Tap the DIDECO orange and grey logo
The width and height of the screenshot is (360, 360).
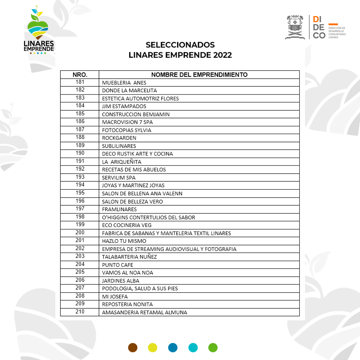click(x=328, y=27)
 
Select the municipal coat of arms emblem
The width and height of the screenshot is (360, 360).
click(x=295, y=27)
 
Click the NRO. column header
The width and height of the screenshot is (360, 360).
click(x=80, y=75)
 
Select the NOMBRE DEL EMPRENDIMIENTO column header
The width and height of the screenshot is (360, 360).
click(x=199, y=75)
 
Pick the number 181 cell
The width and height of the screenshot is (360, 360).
click(x=80, y=82)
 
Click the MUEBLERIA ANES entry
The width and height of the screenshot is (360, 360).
click(x=124, y=83)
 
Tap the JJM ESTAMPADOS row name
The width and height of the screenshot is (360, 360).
click(x=124, y=106)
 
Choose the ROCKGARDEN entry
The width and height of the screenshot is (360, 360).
click(x=119, y=138)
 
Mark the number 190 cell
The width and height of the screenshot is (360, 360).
click(x=80, y=153)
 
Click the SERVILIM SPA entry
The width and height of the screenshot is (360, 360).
click(x=119, y=178)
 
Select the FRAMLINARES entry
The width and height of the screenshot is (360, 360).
click(x=119, y=209)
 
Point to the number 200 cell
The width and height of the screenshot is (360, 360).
click(x=80, y=233)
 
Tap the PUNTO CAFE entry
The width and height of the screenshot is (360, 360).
click(x=117, y=265)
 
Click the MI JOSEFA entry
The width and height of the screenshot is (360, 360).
click(x=115, y=297)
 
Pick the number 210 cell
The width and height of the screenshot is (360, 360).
click(x=80, y=312)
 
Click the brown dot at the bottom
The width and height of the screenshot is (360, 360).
click(x=133, y=348)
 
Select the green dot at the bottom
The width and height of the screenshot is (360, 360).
click(x=213, y=348)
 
